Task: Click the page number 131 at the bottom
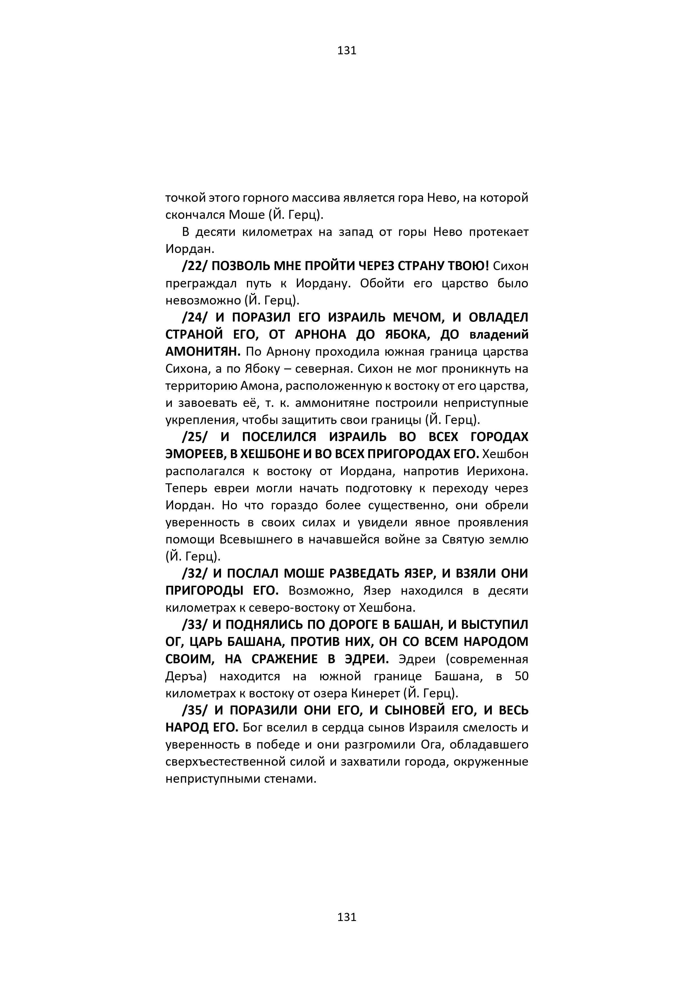point(347,929)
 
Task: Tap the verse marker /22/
point(195,266)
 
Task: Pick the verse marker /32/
point(195,573)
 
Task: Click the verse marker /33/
point(195,625)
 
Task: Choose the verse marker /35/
point(195,711)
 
